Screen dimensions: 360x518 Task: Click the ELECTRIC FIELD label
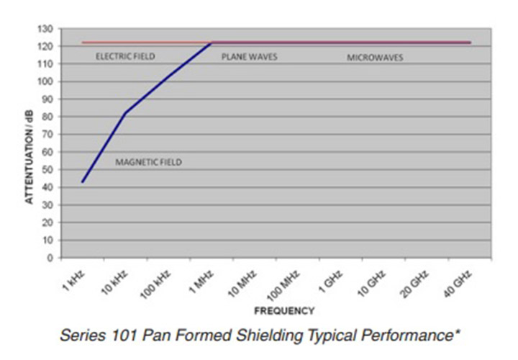point(125,56)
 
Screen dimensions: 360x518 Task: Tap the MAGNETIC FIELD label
point(148,163)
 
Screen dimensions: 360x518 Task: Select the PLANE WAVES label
point(249,56)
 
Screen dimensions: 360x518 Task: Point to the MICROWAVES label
point(375,57)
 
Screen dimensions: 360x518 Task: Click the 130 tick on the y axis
point(47,29)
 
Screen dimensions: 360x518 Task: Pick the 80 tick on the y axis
point(49,117)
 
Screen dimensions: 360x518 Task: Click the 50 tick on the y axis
point(49,169)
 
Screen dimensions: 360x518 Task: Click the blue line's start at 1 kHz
point(83,181)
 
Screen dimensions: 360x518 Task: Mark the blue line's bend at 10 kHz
point(125,113)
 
